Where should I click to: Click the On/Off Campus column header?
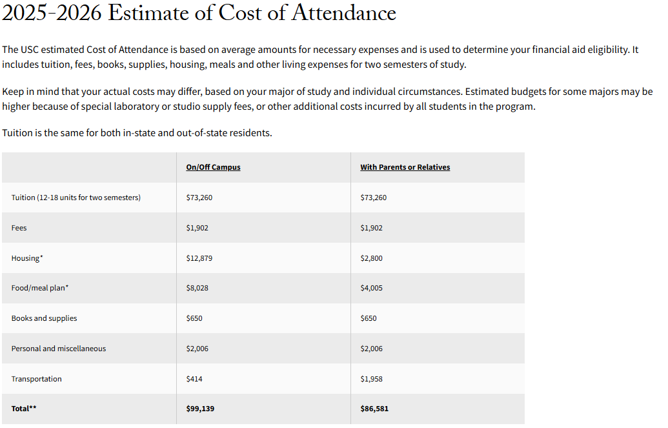(213, 167)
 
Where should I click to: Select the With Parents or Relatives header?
(405, 167)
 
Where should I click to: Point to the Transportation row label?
(37, 379)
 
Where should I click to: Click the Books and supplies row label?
(44, 318)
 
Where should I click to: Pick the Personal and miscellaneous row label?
(59, 349)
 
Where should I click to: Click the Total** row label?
(24, 409)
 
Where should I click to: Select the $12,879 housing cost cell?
(199, 258)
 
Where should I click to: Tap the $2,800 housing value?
(371, 258)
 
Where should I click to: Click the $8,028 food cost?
(197, 288)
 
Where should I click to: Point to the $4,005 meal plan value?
(371, 288)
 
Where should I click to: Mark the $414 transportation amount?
(194, 379)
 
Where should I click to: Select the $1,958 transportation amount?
(371, 379)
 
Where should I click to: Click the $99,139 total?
(199, 409)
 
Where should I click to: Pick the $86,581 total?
(374, 409)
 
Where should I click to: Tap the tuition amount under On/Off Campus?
(199, 198)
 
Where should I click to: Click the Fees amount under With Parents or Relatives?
(371, 228)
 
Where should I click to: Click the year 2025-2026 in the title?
(52, 14)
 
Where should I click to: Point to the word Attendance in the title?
(344, 14)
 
